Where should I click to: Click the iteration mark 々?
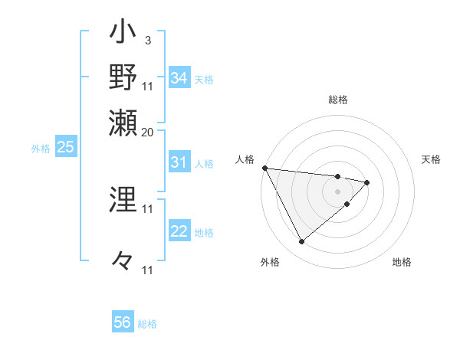click(x=123, y=260)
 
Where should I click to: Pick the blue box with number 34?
click(x=179, y=78)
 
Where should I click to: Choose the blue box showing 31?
click(x=179, y=162)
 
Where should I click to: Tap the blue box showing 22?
click(x=179, y=232)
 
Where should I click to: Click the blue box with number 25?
click(x=65, y=148)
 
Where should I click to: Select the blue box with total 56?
click(x=123, y=322)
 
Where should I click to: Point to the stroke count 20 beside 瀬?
click(x=148, y=131)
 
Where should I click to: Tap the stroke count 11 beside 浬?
click(x=148, y=208)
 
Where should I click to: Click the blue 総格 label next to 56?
click(x=147, y=324)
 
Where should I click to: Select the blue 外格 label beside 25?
click(x=41, y=149)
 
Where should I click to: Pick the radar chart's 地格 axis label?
click(x=402, y=262)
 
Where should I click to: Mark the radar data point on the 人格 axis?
click(x=264, y=168)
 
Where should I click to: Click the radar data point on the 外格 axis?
click(x=301, y=242)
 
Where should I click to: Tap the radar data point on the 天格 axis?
click(x=367, y=182)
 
